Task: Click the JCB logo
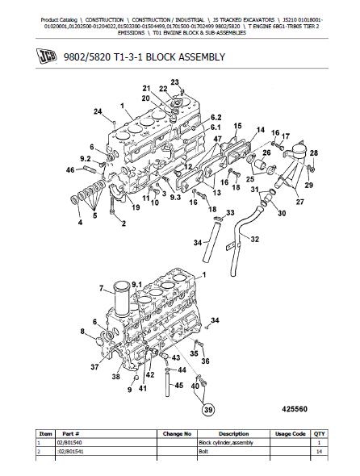pyautogui.click(x=47, y=56)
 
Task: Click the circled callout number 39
pyautogui.click(x=208, y=410)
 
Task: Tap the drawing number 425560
pyautogui.click(x=295, y=409)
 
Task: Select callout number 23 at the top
pyautogui.click(x=174, y=82)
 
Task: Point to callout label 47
pyautogui.click(x=217, y=140)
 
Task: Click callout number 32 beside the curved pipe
pyautogui.click(x=254, y=240)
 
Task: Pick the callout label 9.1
pyautogui.click(x=136, y=285)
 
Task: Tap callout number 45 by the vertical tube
pyautogui.click(x=178, y=385)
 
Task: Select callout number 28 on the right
pyautogui.click(x=314, y=152)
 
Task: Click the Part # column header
pyautogui.click(x=71, y=434)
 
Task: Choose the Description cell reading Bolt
pyautogui.click(x=203, y=452)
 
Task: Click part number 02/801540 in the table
pyautogui.click(x=69, y=443)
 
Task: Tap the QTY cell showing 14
pyautogui.click(x=319, y=452)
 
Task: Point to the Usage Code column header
pyautogui.click(x=290, y=434)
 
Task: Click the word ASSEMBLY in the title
pyautogui.click(x=202, y=56)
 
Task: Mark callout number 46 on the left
pyautogui.click(x=70, y=170)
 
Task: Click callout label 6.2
pyautogui.click(x=216, y=117)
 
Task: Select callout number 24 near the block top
pyautogui.click(x=98, y=111)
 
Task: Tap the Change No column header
pyautogui.click(x=177, y=434)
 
